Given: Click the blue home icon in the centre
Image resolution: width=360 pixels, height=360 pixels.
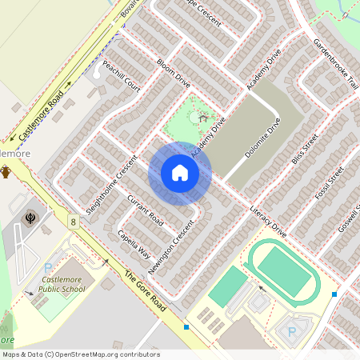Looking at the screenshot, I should click(x=179, y=173).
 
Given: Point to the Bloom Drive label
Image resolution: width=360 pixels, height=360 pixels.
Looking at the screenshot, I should click(x=173, y=73).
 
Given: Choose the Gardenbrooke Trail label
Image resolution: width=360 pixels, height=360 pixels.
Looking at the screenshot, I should click(x=336, y=64).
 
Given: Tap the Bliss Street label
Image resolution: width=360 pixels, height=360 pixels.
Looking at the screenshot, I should click(x=306, y=148).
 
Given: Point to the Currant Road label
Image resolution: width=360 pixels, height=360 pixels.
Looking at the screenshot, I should click(x=146, y=210).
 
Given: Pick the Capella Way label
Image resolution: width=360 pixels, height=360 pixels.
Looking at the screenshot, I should click(x=134, y=242).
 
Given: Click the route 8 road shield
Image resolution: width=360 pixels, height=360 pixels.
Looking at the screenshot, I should click(x=73, y=221).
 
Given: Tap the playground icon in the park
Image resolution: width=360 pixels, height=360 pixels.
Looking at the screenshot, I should click(x=202, y=118).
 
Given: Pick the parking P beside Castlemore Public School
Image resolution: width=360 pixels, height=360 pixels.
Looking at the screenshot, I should click(x=47, y=268).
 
